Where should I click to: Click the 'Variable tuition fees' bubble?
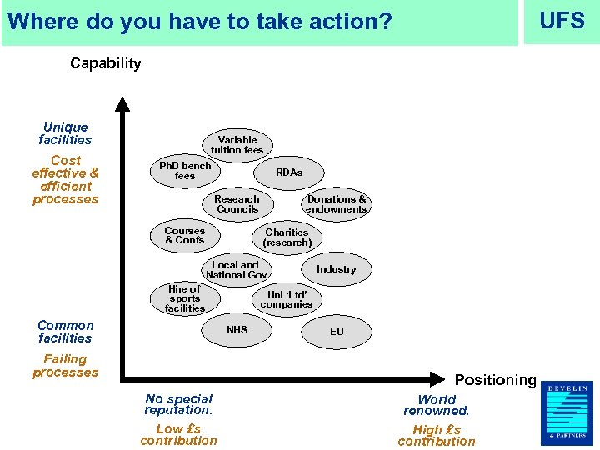click(237, 145)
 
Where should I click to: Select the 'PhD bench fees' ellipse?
click(185, 171)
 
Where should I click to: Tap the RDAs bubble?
click(289, 172)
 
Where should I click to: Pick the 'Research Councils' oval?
click(237, 204)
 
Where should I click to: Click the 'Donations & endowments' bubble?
click(337, 204)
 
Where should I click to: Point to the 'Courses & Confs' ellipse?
click(185, 236)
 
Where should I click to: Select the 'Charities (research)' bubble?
click(287, 237)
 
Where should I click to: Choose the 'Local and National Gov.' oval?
click(237, 270)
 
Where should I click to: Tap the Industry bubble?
click(336, 269)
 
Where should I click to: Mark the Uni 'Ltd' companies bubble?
click(287, 299)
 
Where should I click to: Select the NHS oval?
click(237, 330)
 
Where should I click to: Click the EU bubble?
click(337, 331)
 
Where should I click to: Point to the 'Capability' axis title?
click(106, 63)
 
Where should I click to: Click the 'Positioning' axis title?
click(495, 380)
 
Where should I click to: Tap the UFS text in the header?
click(562, 21)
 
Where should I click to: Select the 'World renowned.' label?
click(437, 405)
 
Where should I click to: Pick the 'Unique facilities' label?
click(65, 134)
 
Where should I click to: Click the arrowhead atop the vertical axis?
click(122, 104)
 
